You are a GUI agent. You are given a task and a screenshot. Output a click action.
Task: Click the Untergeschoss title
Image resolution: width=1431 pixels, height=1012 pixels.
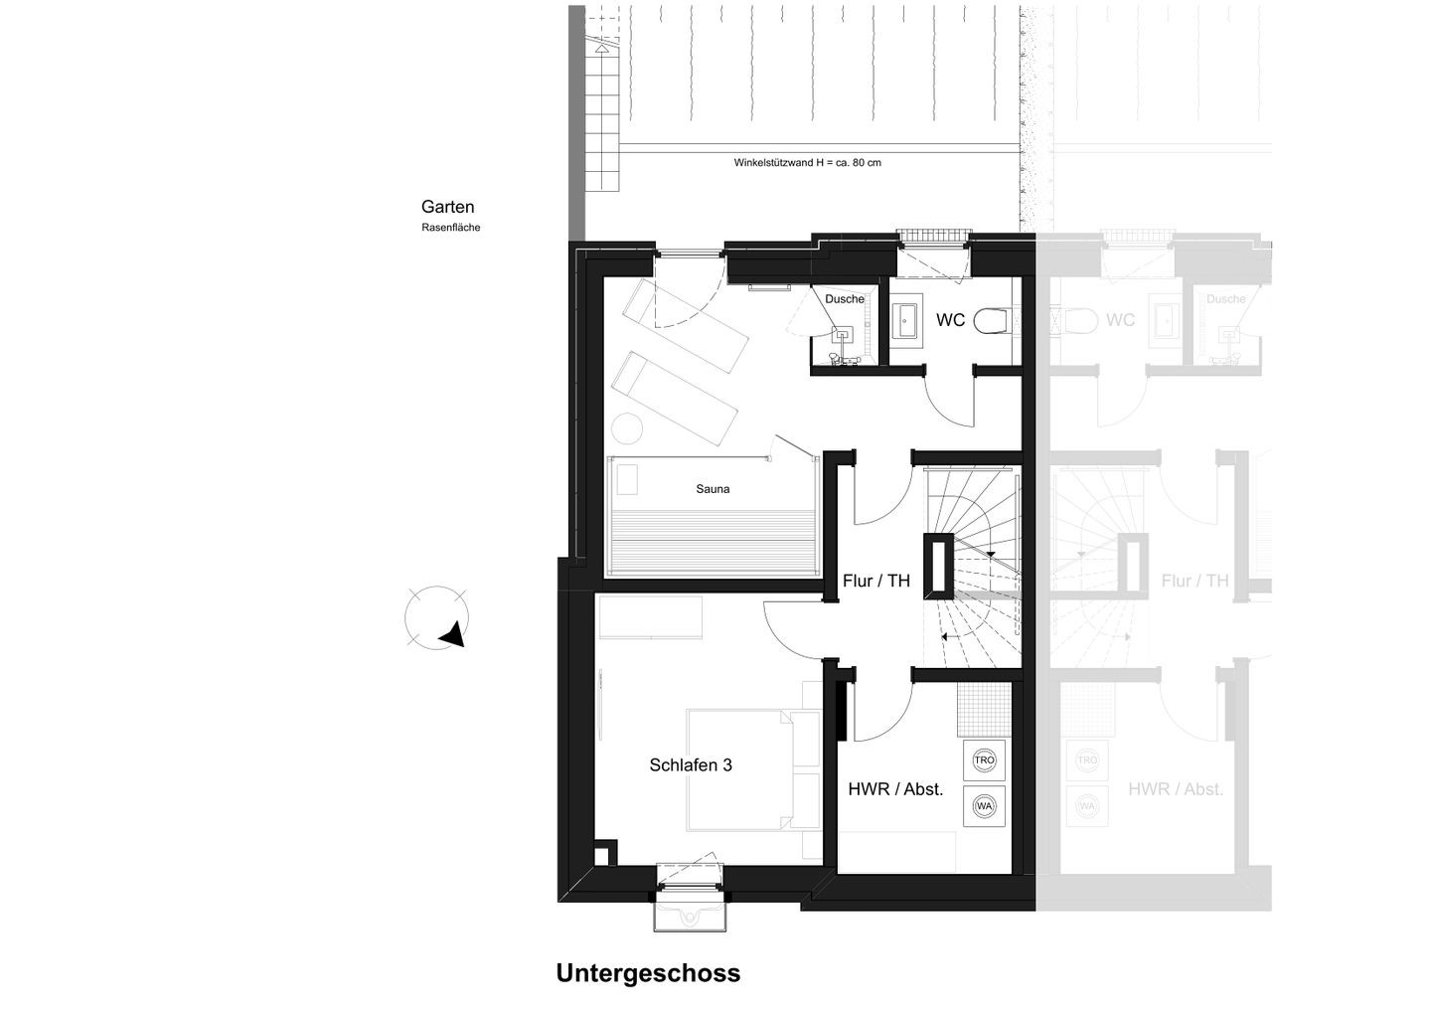click(648, 973)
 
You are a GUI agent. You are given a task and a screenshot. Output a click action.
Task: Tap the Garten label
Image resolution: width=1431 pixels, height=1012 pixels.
click(447, 207)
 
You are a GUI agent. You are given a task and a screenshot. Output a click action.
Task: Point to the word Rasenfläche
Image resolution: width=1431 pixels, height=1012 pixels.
click(450, 228)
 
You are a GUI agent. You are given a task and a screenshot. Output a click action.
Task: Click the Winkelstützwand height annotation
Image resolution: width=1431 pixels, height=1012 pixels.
click(807, 163)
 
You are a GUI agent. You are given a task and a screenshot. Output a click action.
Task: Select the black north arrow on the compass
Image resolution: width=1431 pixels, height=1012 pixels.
click(453, 634)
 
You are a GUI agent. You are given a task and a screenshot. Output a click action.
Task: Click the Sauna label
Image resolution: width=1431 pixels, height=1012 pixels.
click(713, 489)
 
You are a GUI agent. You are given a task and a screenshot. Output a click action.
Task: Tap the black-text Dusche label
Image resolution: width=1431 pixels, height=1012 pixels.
click(844, 299)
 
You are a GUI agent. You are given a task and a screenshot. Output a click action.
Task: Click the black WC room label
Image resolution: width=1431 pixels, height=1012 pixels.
click(950, 320)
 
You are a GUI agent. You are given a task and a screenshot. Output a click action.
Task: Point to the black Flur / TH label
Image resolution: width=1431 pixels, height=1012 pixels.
click(875, 581)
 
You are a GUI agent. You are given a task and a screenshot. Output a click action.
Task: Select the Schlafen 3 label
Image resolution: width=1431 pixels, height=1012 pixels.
click(691, 764)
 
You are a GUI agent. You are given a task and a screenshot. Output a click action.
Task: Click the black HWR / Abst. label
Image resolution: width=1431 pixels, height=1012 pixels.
click(895, 789)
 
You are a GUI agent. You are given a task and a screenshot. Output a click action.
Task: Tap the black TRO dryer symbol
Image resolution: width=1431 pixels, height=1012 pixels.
click(984, 760)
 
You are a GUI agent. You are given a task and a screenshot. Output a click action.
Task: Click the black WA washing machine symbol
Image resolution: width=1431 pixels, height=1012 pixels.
click(984, 806)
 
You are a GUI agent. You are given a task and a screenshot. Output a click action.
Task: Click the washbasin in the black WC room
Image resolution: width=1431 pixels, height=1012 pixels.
click(906, 321)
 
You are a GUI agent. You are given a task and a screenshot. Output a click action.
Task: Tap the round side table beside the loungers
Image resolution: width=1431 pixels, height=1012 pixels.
click(627, 428)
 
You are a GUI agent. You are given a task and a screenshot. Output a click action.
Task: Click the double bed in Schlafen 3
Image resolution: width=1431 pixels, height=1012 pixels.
click(741, 769)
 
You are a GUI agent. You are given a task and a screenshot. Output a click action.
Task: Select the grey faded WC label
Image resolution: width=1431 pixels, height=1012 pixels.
click(1120, 320)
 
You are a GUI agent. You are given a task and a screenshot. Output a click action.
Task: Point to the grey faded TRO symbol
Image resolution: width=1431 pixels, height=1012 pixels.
click(1087, 760)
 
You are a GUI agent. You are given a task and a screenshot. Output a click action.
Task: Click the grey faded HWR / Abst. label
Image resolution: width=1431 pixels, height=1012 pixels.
click(1175, 789)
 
